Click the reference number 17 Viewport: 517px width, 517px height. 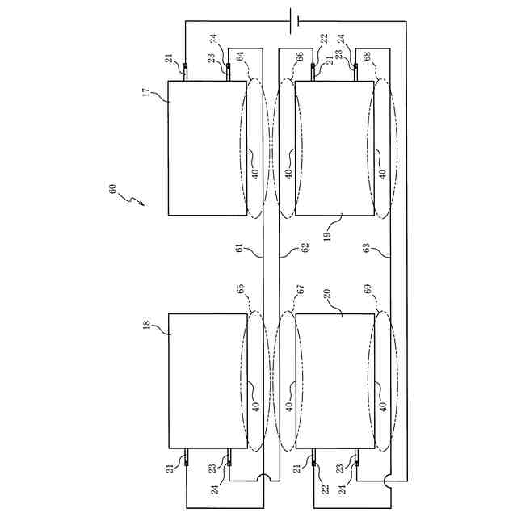click(146, 93)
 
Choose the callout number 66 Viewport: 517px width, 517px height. click(301, 57)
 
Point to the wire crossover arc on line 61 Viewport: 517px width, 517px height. click(263, 479)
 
